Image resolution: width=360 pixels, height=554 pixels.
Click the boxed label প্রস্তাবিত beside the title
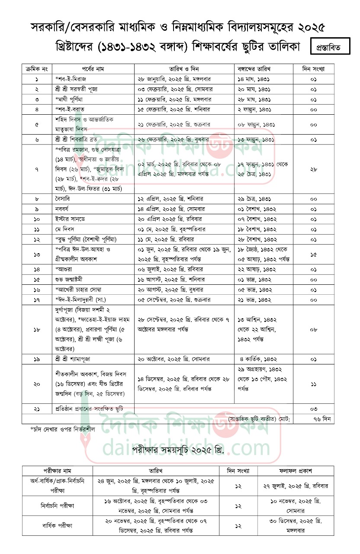point(330,47)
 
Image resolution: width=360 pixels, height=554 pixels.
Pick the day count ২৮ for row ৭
point(314,169)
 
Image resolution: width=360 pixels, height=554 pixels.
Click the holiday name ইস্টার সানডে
point(71,219)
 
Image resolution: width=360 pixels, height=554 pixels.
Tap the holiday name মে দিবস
point(66,229)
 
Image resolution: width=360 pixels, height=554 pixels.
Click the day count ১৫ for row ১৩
point(314,255)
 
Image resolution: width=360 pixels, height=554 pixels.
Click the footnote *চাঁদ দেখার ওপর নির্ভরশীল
point(62,429)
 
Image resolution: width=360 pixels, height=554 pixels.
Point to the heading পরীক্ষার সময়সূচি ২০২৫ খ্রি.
point(178,451)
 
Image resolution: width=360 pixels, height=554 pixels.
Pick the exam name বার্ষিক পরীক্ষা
point(57,526)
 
